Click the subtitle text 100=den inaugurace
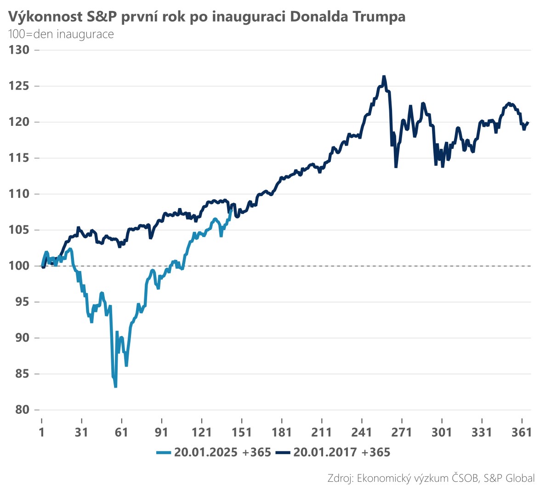tap(61, 34)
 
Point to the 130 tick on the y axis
tap(19, 50)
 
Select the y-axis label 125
tap(19, 86)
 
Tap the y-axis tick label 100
tap(19, 266)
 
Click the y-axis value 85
tap(22, 374)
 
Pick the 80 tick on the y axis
tap(22, 410)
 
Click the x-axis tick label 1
tap(42, 432)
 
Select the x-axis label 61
tap(121, 432)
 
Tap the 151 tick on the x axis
tap(242, 432)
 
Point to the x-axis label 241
tap(362, 432)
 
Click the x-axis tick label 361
tap(522, 432)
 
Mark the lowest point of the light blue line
tap(115, 387)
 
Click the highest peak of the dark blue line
tap(384, 76)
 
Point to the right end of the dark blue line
tap(529, 122)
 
